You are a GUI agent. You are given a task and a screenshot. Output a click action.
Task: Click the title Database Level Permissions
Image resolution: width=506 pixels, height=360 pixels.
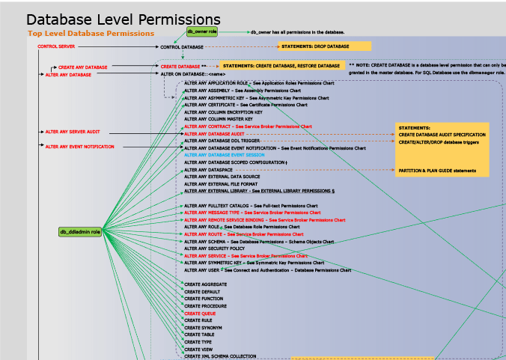pyautogui.click(x=124, y=19)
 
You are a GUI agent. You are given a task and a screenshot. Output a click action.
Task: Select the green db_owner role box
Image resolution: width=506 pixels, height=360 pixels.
pyautogui.click(x=202, y=32)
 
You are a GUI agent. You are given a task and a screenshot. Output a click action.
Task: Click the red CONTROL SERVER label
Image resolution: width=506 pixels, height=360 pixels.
pyautogui.click(x=56, y=46)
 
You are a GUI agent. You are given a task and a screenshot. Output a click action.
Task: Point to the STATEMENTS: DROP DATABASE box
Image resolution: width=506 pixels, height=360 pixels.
pyautogui.click(x=315, y=46)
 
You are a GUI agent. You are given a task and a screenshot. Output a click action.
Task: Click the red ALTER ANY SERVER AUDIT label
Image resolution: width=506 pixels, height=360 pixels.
pyautogui.click(x=73, y=132)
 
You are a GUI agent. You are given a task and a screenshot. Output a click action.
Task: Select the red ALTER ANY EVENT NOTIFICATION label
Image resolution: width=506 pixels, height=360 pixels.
pyautogui.click(x=80, y=147)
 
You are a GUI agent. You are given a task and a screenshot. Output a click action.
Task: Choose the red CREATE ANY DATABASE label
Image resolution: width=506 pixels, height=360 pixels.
pyautogui.click(x=82, y=67)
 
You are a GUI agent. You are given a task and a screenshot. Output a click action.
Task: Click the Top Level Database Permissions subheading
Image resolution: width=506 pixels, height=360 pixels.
pyautogui.click(x=91, y=34)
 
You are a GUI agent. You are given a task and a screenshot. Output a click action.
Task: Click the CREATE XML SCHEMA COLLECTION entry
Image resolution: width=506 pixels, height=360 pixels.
pyautogui.click(x=220, y=356)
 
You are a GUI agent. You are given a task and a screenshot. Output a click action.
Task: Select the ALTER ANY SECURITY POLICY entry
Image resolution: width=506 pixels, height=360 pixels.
pyautogui.click(x=214, y=248)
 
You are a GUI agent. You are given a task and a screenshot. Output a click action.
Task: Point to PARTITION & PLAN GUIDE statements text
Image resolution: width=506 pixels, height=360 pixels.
pyautogui.click(x=436, y=171)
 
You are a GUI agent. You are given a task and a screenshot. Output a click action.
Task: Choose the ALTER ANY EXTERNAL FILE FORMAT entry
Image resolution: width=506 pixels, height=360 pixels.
pyautogui.click(x=221, y=183)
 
